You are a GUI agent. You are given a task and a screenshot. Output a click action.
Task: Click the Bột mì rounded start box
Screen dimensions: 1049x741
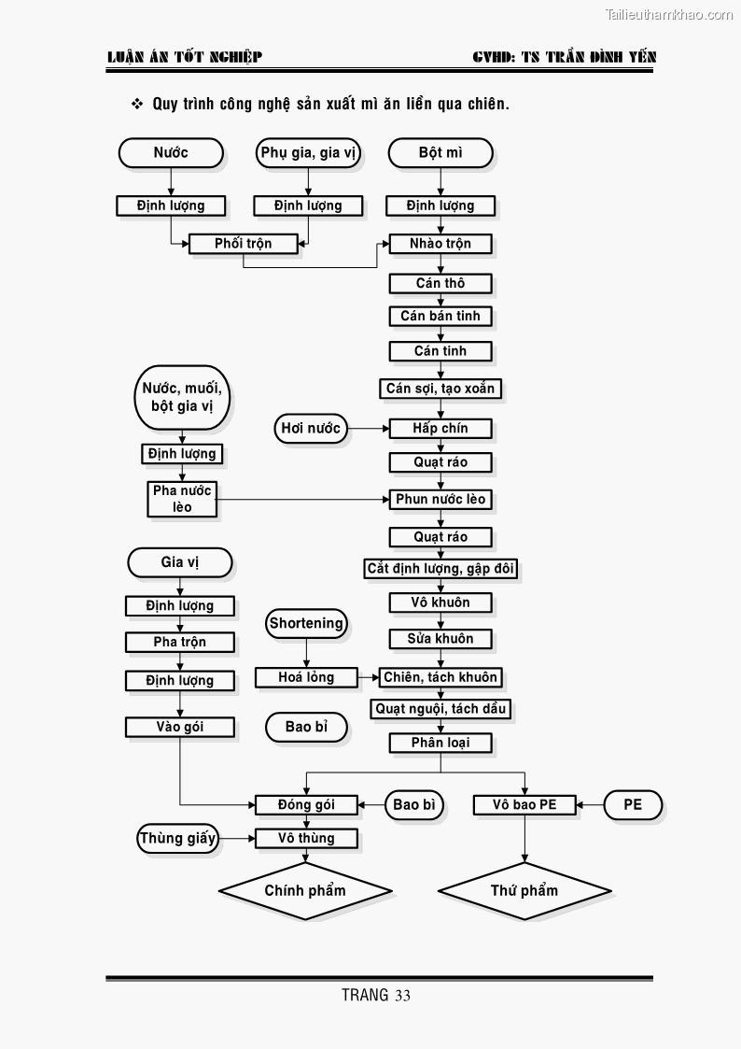click(x=440, y=152)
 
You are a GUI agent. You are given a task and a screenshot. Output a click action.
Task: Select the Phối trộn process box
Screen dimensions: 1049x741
click(x=243, y=244)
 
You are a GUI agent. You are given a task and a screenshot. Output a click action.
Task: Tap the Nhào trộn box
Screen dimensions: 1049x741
click(x=440, y=244)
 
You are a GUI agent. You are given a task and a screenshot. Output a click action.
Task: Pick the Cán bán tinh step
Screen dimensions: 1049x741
click(x=440, y=316)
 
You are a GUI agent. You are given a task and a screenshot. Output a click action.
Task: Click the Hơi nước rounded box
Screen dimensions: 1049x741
click(x=311, y=429)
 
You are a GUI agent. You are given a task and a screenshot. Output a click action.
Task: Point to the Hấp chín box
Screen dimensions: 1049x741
click(x=440, y=429)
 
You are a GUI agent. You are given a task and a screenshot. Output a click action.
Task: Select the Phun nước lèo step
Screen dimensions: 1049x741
click(x=440, y=500)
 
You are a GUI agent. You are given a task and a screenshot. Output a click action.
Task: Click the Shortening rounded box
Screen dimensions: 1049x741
click(x=306, y=623)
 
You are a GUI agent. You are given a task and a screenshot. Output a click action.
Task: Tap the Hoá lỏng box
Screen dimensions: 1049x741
click(x=306, y=677)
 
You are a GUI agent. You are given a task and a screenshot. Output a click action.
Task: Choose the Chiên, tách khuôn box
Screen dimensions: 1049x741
click(x=440, y=677)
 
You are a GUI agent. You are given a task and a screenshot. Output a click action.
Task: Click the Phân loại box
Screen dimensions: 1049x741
click(x=440, y=743)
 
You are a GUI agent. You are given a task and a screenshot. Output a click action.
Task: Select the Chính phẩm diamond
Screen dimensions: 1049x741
click(x=305, y=890)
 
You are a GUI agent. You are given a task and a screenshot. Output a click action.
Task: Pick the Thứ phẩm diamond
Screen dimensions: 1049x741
click(x=524, y=890)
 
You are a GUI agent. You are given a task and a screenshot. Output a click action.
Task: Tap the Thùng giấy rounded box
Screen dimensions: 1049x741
click(x=177, y=838)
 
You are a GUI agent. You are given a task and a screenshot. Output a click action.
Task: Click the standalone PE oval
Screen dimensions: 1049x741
click(x=633, y=804)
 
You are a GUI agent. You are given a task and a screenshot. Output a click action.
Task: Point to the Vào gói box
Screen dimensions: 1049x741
click(x=180, y=727)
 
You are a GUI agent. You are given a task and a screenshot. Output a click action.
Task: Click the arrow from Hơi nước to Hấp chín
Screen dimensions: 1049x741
click(x=369, y=429)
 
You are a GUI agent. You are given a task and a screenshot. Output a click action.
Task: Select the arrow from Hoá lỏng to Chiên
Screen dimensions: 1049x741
click(x=368, y=677)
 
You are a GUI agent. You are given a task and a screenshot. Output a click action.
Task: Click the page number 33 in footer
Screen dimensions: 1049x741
click(x=402, y=996)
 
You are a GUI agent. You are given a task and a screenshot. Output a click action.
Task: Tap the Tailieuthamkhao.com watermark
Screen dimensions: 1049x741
click(x=668, y=14)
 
